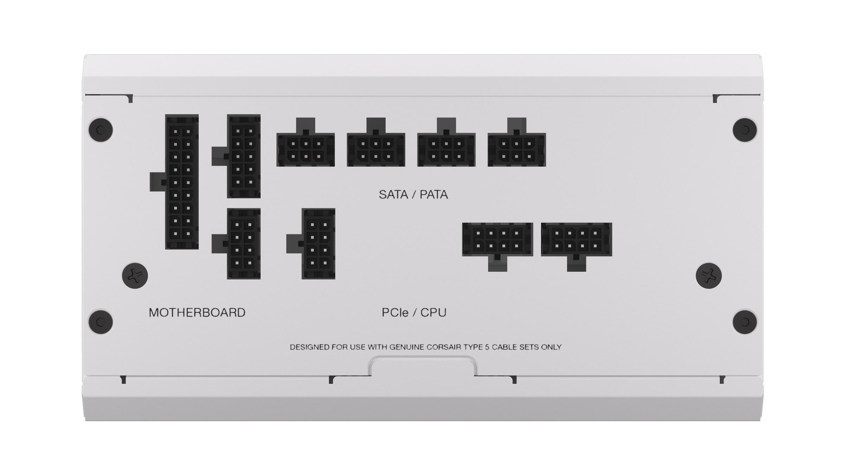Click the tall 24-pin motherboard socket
tap(182, 182)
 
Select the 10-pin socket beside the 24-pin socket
tap(244, 156)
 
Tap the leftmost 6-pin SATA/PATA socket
tap(306, 150)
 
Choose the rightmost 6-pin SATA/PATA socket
tap(517, 150)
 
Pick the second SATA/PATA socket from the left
tap(376, 150)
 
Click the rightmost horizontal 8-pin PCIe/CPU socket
tap(576, 239)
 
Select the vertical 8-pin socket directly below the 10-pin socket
tap(244, 243)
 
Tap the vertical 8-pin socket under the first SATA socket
tap(318, 243)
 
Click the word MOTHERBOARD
tap(197, 312)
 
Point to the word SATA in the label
tap(393, 195)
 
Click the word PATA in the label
tap(434, 195)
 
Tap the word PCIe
tap(395, 312)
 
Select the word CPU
tap(433, 312)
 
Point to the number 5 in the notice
tap(487, 347)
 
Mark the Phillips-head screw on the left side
tap(135, 276)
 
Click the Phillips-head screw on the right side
tap(709, 276)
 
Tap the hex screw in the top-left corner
tap(101, 130)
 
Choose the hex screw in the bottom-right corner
tap(745, 322)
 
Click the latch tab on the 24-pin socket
tap(157, 182)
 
